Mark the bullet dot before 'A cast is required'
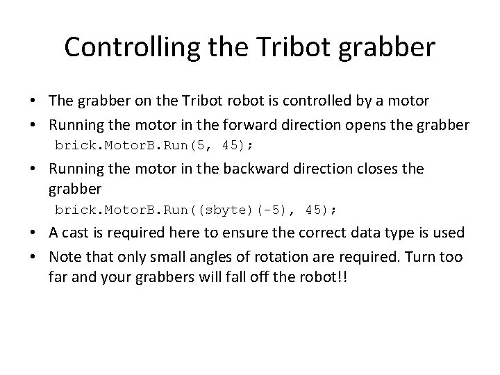[x=33, y=232]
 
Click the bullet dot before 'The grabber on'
[x=33, y=101]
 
